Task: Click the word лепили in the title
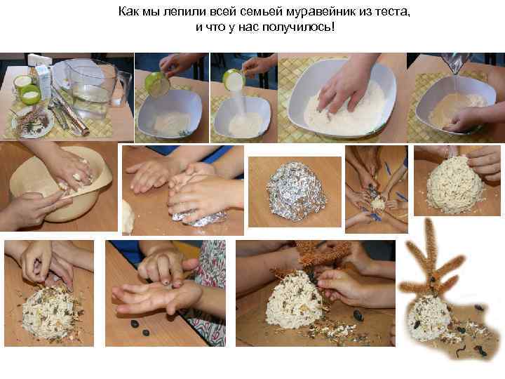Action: tap(176, 13)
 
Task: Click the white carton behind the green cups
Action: tap(43, 81)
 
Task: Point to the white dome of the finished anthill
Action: tap(432, 316)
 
